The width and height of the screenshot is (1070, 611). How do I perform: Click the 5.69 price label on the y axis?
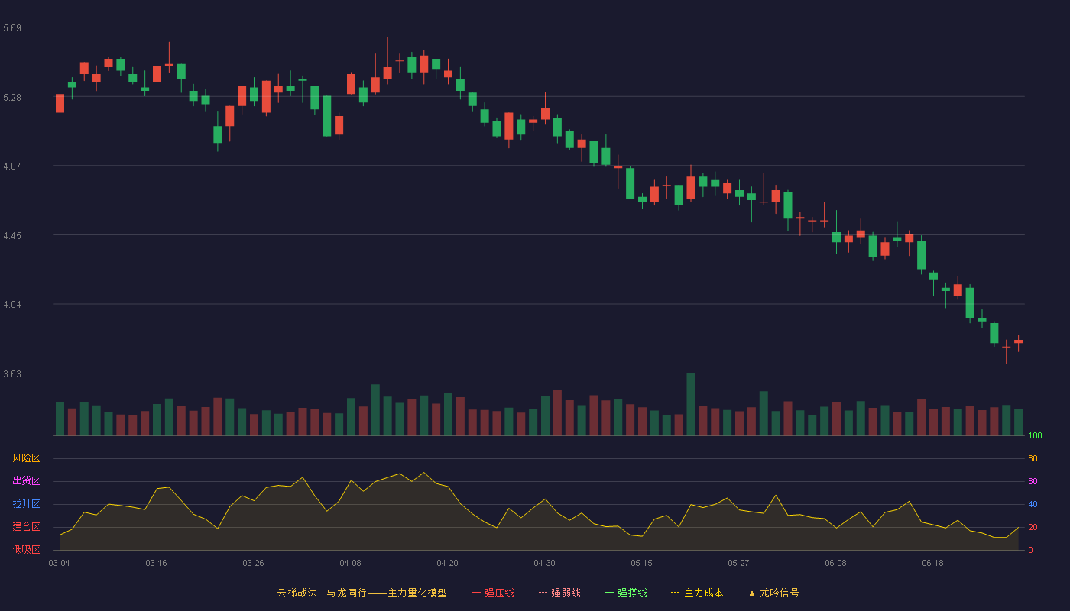click(12, 28)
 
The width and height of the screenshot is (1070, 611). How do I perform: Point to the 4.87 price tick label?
click(12, 166)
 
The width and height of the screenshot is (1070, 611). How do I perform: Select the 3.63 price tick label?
click(12, 374)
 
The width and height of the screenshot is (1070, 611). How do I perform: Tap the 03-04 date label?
click(60, 564)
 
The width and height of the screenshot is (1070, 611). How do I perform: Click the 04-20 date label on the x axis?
click(447, 564)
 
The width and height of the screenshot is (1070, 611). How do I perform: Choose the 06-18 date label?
click(932, 564)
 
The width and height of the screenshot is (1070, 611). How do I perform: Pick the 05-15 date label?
click(641, 564)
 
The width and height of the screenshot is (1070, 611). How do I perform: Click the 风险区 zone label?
click(26, 458)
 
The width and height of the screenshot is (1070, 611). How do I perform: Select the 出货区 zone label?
click(26, 480)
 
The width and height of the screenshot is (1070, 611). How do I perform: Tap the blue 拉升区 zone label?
click(26, 503)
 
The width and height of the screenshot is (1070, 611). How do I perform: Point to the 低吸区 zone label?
click(26, 549)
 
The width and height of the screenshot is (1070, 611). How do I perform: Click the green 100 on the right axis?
click(1035, 435)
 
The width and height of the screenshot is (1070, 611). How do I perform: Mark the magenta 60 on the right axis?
click(1033, 481)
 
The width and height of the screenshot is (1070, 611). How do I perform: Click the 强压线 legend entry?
click(493, 593)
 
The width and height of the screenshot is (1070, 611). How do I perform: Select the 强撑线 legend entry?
click(626, 593)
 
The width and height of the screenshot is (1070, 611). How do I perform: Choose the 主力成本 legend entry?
click(697, 593)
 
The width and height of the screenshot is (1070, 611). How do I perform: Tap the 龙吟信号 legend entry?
click(773, 593)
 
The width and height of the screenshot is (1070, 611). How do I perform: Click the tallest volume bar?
click(691, 404)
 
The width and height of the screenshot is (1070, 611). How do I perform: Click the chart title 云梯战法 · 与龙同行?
click(322, 593)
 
